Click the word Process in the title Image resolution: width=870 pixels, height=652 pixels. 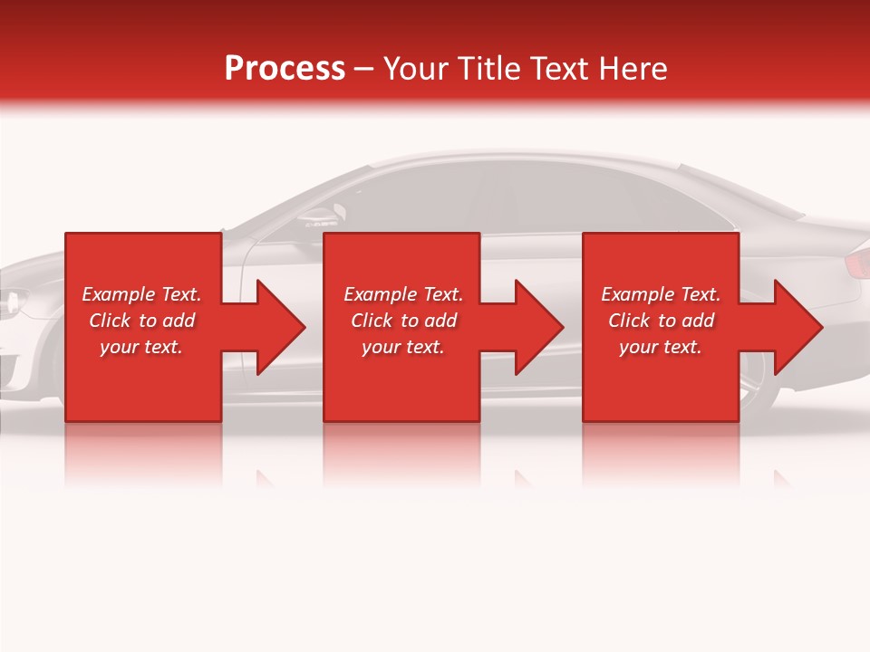[285, 69]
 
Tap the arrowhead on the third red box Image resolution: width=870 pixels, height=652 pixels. [797, 327]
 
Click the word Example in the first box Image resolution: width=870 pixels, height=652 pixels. [118, 294]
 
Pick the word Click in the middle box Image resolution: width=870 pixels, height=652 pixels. [371, 321]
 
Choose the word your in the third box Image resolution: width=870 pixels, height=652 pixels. [639, 347]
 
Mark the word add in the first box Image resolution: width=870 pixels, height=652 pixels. [179, 321]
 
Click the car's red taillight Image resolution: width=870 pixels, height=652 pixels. [856, 264]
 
